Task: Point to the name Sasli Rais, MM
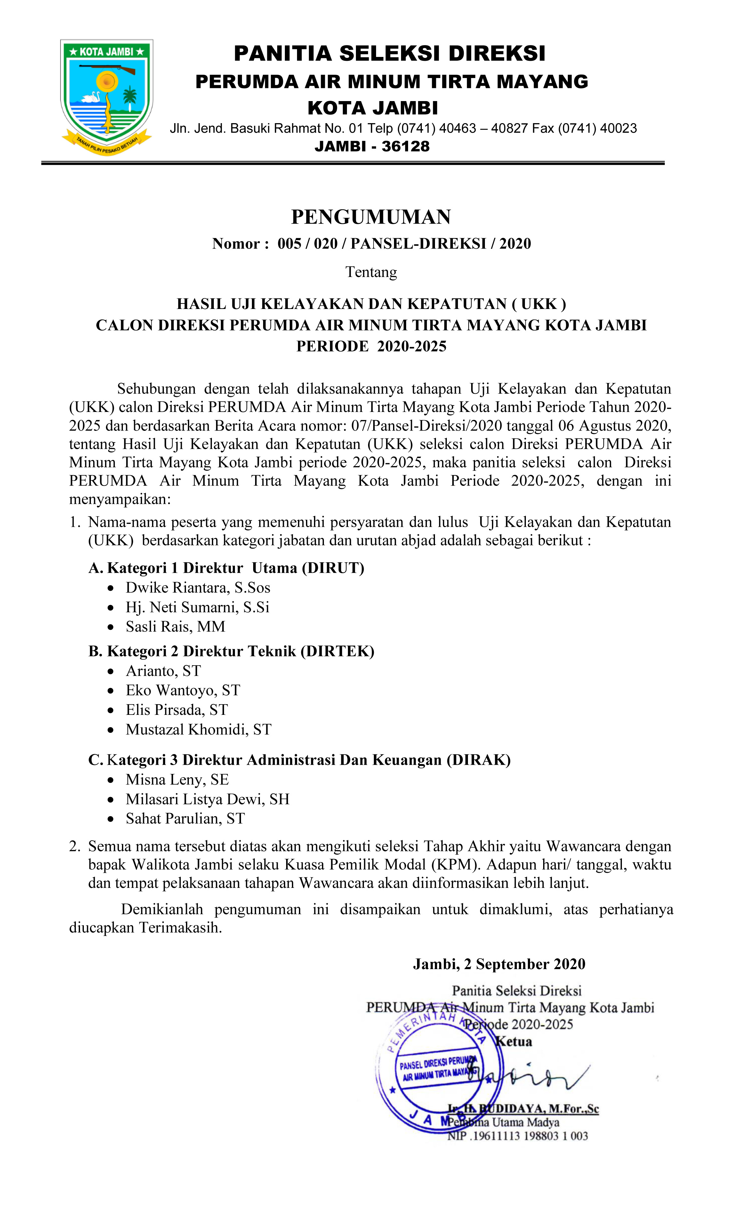click(175, 627)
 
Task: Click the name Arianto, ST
click(163, 671)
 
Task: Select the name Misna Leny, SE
click(177, 779)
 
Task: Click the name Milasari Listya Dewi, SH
click(207, 799)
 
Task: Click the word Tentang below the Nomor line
click(371, 272)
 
